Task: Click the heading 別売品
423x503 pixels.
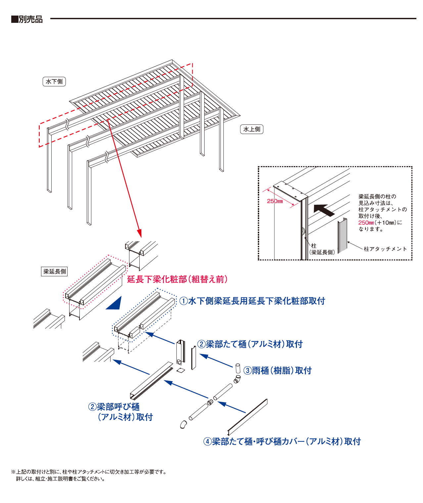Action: [x=30, y=19]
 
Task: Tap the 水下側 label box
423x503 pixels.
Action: [x=54, y=81]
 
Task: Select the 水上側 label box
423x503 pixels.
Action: [x=252, y=129]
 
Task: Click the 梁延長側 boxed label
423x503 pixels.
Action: [x=55, y=271]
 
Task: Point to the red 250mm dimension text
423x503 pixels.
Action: [x=275, y=201]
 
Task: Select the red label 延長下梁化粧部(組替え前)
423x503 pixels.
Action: [x=177, y=279]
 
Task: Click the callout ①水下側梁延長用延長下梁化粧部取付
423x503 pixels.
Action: [x=252, y=301]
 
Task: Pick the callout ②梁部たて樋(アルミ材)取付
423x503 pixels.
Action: [x=250, y=344]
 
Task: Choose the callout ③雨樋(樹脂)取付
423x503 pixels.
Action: [x=277, y=371]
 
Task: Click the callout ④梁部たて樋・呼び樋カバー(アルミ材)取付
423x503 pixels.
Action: [x=282, y=441]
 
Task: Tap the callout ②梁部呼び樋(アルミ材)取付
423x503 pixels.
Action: [x=121, y=412]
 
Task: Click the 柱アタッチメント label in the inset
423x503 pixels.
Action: [x=385, y=249]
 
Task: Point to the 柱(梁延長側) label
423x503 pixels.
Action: [x=322, y=249]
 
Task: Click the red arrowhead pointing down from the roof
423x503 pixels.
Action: [x=139, y=233]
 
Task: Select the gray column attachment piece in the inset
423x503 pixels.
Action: [x=342, y=235]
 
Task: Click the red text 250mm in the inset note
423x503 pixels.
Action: [x=366, y=223]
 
